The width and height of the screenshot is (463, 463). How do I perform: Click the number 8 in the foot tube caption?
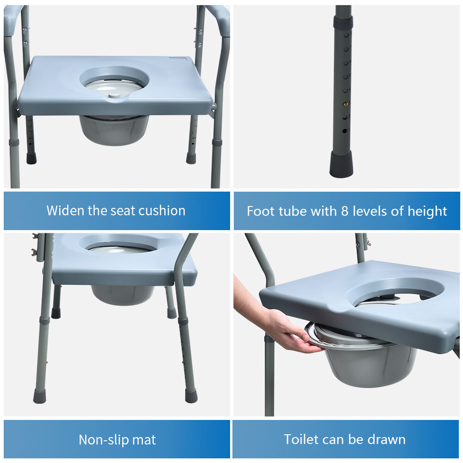point(344,211)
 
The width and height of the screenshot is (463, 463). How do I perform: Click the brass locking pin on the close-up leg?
point(345,104)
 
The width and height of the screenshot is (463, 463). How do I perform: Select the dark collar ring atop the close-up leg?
point(343,22)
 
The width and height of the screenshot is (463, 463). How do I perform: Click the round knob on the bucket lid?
point(113,95)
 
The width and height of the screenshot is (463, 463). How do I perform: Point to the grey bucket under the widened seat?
point(114,130)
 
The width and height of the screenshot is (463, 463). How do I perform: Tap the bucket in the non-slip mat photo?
point(123,294)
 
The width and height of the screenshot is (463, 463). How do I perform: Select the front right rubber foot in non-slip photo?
point(191,396)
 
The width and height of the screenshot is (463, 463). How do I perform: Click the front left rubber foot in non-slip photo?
point(39,396)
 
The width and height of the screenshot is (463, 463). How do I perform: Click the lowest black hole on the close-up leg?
point(344,130)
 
